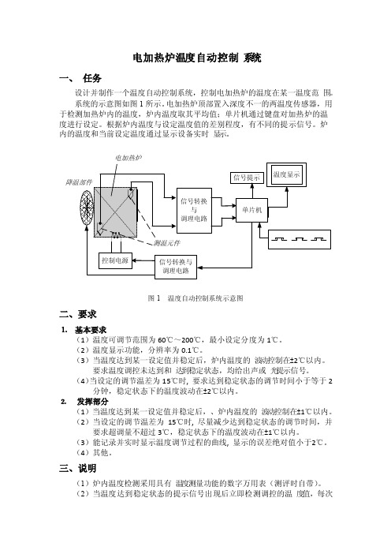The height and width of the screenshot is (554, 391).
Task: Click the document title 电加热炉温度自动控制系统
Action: [197, 58]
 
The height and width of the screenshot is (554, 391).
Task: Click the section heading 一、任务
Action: [80, 78]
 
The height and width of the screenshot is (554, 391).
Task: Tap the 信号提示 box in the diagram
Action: [247, 178]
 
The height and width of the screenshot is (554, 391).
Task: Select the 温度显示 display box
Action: [286, 174]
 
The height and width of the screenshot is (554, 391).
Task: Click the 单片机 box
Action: [251, 210]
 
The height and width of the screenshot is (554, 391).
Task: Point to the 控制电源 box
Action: [115, 260]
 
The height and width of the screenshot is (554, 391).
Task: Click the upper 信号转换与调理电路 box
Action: [194, 211]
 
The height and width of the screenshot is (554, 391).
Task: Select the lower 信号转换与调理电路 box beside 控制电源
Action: [176, 267]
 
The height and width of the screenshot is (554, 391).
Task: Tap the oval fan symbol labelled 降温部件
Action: [87, 207]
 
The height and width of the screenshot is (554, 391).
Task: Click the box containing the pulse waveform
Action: [300, 239]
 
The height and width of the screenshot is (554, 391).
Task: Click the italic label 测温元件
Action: [167, 243]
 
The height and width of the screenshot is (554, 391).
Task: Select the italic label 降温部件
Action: [79, 182]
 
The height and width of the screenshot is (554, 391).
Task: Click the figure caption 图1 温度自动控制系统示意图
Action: [195, 298]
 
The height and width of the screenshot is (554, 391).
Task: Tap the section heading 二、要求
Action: [77, 314]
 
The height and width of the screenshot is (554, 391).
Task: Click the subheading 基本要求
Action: [91, 330]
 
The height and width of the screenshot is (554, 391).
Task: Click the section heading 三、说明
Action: [77, 469]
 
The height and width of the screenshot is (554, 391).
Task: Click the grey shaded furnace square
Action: [115, 212]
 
